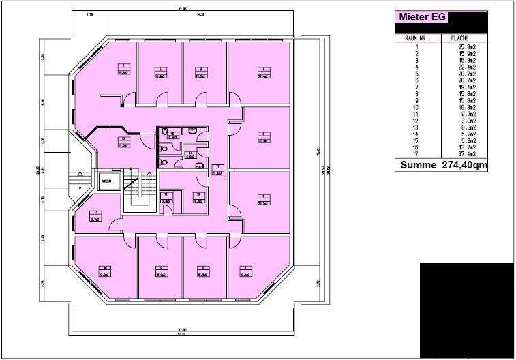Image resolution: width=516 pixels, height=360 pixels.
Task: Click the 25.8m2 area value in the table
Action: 468,47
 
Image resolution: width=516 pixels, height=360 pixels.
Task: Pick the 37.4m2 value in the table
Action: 468,153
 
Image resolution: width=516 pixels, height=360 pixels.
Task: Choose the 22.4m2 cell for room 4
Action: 468,67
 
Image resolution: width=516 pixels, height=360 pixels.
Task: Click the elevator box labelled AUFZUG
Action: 107,181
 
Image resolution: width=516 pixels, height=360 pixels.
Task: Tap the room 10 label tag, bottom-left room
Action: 106,270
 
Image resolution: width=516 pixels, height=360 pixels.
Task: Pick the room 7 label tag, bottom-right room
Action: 244,270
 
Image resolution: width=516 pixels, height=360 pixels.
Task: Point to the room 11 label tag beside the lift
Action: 97,217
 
